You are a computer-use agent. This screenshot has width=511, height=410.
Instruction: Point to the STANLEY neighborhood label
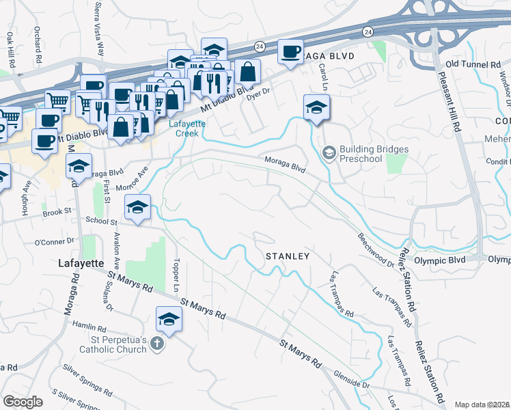[288, 256]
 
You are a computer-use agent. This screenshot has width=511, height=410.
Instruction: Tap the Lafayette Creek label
[184, 128]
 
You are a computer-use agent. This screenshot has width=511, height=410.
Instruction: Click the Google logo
[23, 402]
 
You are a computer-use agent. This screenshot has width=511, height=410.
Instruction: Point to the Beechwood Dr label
[376, 249]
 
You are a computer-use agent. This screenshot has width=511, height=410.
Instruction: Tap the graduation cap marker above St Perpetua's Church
[169, 318]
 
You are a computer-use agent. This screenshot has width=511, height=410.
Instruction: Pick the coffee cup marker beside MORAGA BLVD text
[290, 52]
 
